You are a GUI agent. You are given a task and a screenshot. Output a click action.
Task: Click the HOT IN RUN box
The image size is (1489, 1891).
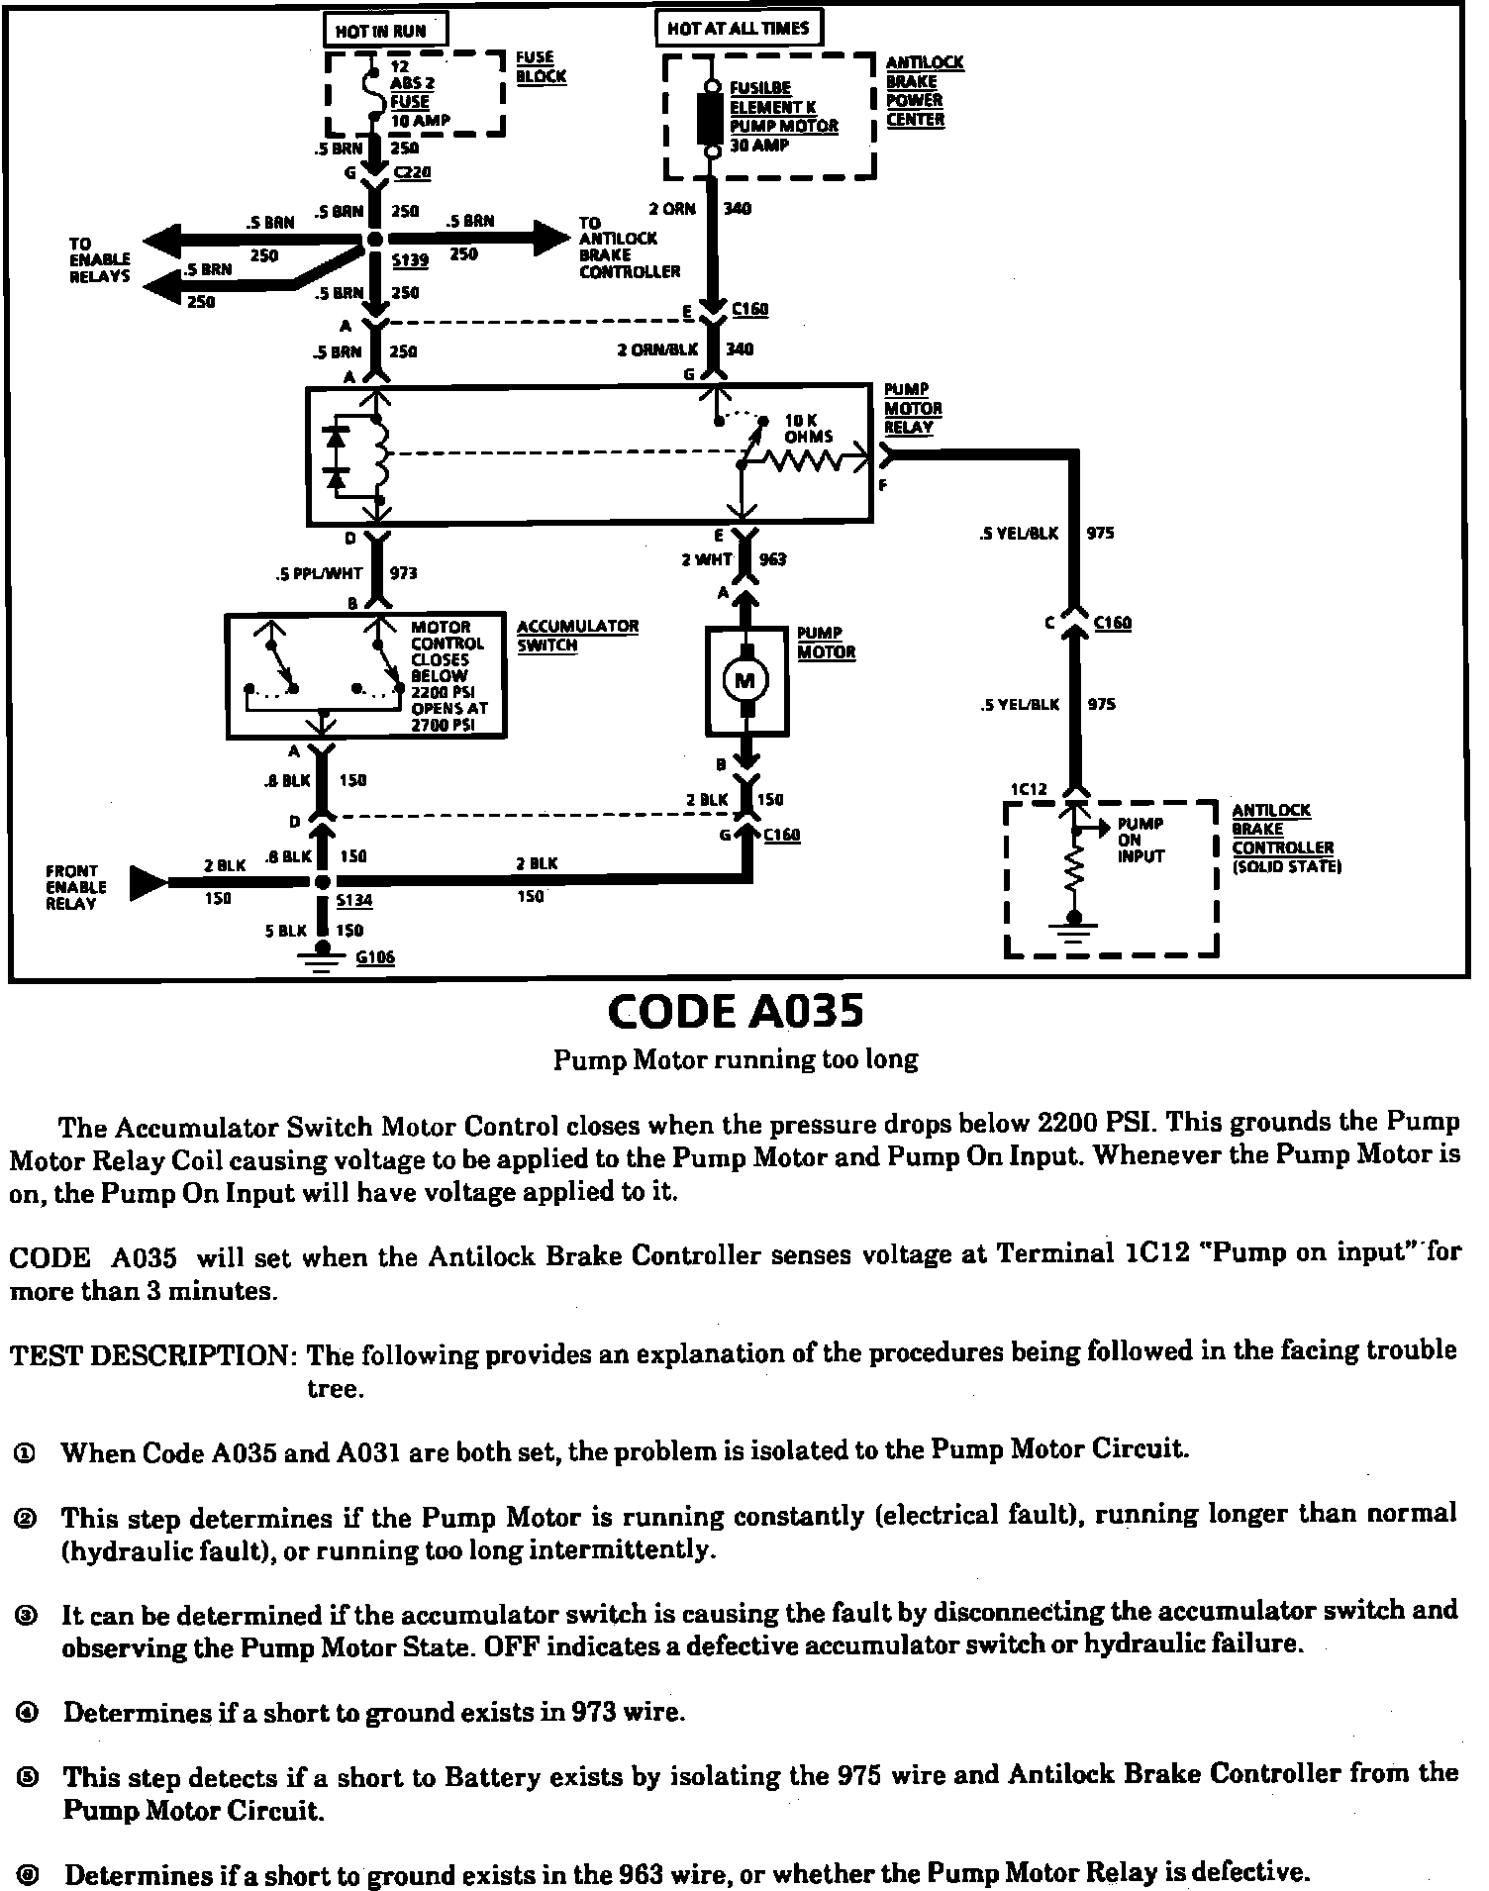click(386, 29)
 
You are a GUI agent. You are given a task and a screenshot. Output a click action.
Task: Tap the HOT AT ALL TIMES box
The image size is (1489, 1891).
click(739, 28)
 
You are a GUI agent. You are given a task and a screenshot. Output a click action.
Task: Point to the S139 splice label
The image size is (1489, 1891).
click(409, 261)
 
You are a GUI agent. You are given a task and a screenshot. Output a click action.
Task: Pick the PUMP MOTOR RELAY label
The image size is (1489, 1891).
click(912, 409)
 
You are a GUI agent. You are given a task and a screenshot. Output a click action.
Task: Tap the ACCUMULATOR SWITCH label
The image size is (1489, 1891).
click(577, 636)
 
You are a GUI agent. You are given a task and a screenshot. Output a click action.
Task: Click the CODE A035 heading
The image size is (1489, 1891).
click(736, 1011)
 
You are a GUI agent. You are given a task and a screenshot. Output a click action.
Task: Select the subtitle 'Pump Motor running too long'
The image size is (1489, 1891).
click(736, 1059)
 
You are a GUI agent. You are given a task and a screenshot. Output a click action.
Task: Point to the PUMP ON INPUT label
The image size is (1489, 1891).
click(1140, 840)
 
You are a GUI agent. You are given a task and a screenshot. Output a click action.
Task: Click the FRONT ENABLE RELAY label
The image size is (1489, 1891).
click(75, 887)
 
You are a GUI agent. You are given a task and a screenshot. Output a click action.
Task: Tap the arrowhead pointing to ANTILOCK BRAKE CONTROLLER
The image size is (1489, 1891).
click(549, 239)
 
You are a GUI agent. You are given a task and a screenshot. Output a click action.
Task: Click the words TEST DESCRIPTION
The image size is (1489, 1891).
click(152, 1353)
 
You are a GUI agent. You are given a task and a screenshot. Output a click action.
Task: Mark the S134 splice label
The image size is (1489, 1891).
click(353, 901)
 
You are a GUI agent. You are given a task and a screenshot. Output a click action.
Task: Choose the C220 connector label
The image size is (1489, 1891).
click(411, 173)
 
